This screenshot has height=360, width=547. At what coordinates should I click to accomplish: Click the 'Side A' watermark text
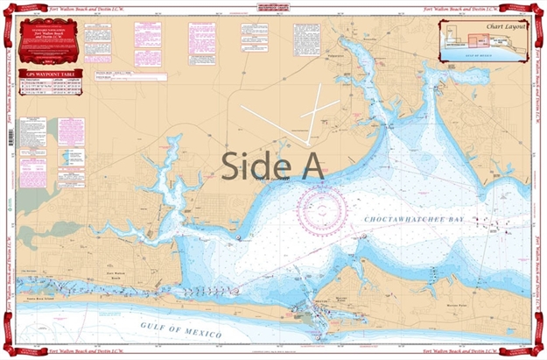coord(272,165)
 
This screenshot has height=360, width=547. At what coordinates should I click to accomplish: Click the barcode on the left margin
coord(10,138)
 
